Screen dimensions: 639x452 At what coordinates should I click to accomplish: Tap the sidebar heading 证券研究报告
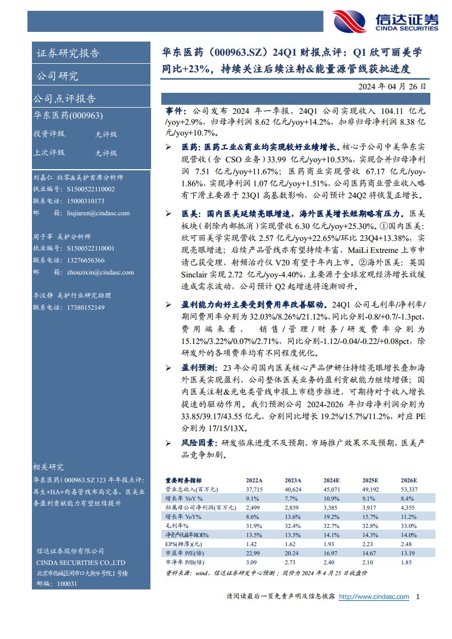[68, 54]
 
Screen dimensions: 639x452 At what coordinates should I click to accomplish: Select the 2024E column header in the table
[332, 480]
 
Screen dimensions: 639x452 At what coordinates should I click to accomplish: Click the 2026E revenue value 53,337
[409, 489]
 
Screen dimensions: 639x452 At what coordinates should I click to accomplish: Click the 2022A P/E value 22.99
[254, 552]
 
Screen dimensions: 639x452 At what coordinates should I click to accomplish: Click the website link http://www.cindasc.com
[374, 597]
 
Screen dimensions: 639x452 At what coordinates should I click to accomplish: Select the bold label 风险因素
[198, 443]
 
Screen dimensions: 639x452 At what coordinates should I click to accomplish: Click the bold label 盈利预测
[198, 367]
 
